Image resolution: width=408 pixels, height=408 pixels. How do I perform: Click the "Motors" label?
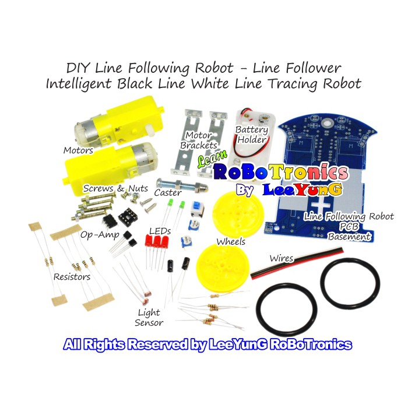point(78,150)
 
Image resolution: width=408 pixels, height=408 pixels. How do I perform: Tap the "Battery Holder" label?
point(251,135)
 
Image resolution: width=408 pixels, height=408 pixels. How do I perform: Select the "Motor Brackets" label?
point(198,140)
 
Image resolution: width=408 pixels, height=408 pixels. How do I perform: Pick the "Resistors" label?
point(72,276)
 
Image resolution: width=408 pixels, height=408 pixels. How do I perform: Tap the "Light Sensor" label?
point(149,318)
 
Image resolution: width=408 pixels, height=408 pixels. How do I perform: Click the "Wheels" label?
point(231,241)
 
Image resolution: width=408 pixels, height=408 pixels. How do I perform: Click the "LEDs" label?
point(160,231)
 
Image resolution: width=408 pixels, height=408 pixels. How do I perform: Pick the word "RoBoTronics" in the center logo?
point(281,173)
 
